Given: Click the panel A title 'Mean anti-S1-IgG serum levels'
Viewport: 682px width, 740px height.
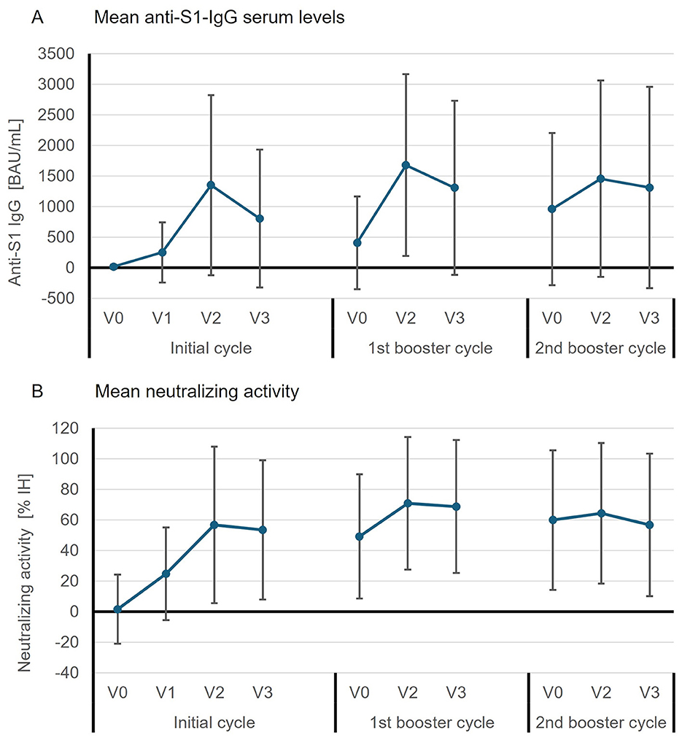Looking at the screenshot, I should pos(220,18).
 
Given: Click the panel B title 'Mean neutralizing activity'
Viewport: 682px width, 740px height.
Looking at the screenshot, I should pos(197,392).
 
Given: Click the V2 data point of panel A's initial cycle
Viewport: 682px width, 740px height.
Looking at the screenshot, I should pos(211,185).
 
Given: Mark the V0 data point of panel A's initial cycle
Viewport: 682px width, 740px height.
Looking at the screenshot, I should pos(114,267).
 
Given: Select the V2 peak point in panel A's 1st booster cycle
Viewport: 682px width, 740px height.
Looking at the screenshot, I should pos(406,165).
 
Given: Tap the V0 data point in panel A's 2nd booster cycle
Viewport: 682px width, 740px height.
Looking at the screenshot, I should pos(552,209).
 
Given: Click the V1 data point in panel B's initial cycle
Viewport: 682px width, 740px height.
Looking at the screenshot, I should pos(166,574).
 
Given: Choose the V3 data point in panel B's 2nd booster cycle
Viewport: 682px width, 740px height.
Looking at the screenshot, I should pos(649,525).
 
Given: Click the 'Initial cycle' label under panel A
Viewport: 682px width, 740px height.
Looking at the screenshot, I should pos(211,348).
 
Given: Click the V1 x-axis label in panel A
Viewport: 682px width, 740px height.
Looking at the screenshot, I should pos(162,318).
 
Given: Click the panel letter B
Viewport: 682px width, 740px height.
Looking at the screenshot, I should pos(34,391).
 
